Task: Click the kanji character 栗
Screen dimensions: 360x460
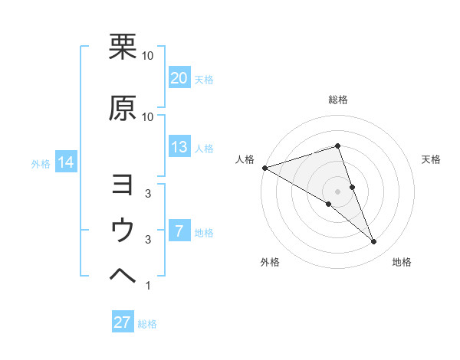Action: point(123,47)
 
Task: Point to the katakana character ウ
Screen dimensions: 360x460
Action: point(123,230)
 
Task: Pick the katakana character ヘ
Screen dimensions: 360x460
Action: point(123,276)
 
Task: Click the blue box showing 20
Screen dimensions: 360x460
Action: point(179,78)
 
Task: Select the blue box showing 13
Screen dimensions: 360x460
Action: point(179,147)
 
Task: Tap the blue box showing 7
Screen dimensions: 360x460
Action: point(179,231)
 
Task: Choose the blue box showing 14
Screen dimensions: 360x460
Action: point(65,162)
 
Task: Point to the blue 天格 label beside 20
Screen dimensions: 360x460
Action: point(204,80)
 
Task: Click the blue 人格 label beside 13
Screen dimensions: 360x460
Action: point(204,149)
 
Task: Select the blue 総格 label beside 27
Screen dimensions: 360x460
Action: point(147,324)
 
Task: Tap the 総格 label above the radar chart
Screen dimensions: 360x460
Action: point(338,100)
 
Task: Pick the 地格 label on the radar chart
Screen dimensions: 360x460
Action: point(402,263)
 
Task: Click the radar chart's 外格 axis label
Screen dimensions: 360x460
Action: point(270,263)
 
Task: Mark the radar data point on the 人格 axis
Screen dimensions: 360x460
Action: point(264,168)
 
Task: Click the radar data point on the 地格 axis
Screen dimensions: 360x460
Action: point(374,242)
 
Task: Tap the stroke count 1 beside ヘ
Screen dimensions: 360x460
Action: point(147,286)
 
